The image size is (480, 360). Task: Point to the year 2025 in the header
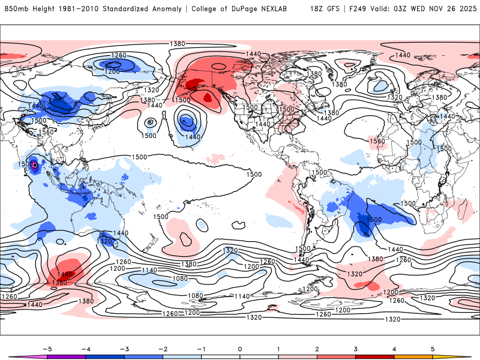[465, 9]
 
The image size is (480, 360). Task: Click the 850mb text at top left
[16, 9]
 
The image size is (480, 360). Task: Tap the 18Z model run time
[317, 9]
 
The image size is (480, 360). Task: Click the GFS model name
[333, 9]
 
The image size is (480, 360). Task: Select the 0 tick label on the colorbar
[240, 348]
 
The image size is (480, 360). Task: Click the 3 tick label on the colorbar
[356, 348]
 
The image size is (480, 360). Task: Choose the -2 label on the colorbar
[162, 348]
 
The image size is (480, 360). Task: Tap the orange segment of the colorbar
[413, 356]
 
